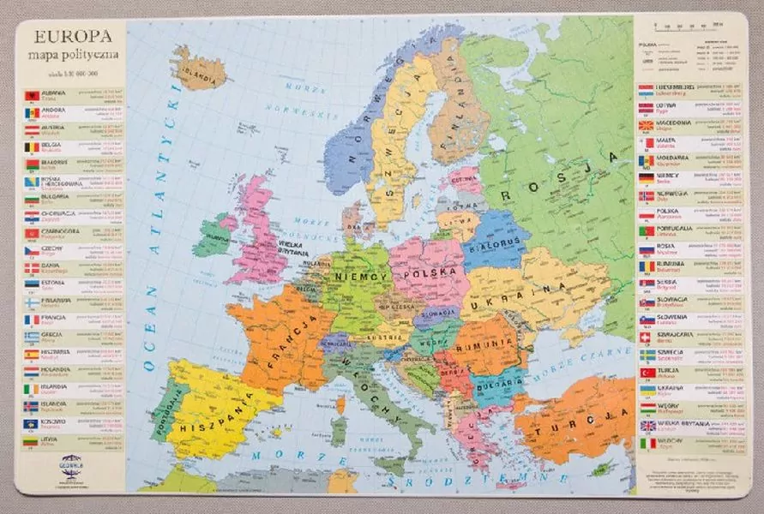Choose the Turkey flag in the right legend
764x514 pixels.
click(647, 373)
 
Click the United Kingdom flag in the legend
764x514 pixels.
click(647, 426)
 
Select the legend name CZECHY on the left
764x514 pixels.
click(57, 248)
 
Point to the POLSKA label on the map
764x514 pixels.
click(430, 274)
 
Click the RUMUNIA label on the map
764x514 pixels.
click(484, 346)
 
